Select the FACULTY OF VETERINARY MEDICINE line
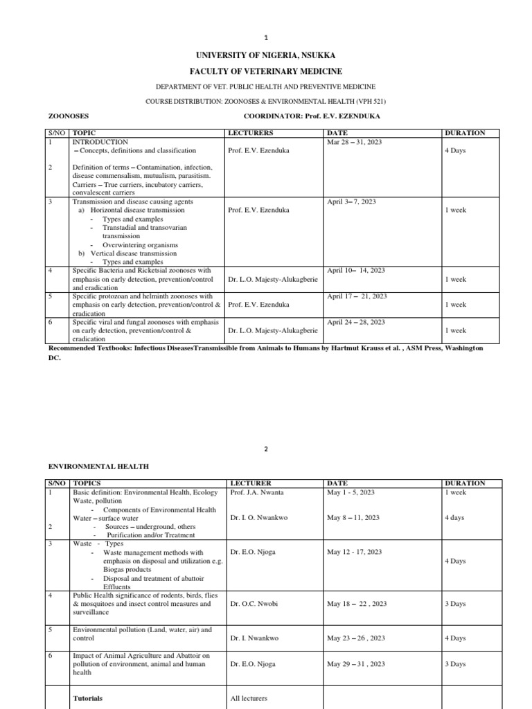pyautogui.click(x=266, y=71)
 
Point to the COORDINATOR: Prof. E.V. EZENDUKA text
pyautogui.click(x=313, y=117)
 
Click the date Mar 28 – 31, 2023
pyautogui.click(x=354, y=142)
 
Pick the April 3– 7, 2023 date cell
pyautogui.click(x=351, y=201)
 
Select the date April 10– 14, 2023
pyautogui.click(x=356, y=271)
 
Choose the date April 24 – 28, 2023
pyautogui.click(x=356, y=322)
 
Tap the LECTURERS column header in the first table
pyautogui.click(x=250, y=133)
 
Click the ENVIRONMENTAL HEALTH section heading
pyautogui.click(x=98, y=467)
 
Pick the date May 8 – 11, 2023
pyautogui.click(x=353, y=518)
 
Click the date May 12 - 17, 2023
pyautogui.click(x=354, y=552)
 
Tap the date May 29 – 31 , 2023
pyautogui.click(x=355, y=664)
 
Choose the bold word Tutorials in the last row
pyautogui.click(x=87, y=699)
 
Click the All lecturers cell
pyautogui.click(x=249, y=699)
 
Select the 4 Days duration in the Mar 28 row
pyautogui.click(x=454, y=150)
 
